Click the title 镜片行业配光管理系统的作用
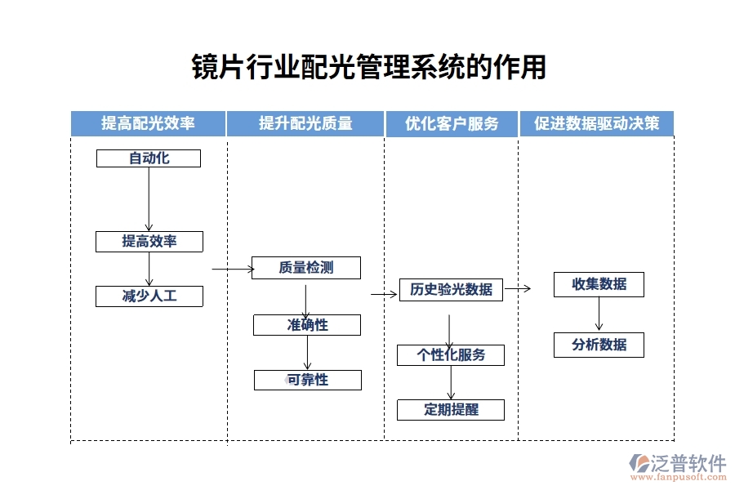click(x=368, y=67)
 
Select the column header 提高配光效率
click(x=148, y=123)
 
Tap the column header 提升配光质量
click(x=305, y=123)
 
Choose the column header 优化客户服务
click(x=451, y=123)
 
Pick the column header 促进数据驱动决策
click(x=596, y=123)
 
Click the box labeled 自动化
click(x=149, y=158)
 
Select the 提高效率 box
click(x=149, y=241)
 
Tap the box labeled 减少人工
click(x=149, y=296)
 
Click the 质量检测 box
click(x=305, y=267)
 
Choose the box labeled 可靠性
click(x=307, y=380)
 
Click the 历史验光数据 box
click(x=451, y=289)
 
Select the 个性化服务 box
click(x=451, y=354)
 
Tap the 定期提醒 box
click(x=451, y=409)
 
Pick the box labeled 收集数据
click(x=599, y=284)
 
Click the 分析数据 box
click(x=599, y=345)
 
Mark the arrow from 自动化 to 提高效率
click(x=149, y=199)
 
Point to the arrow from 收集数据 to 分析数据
click(x=599, y=314)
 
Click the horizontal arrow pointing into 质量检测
click(x=232, y=268)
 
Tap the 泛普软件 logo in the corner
click(x=677, y=465)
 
